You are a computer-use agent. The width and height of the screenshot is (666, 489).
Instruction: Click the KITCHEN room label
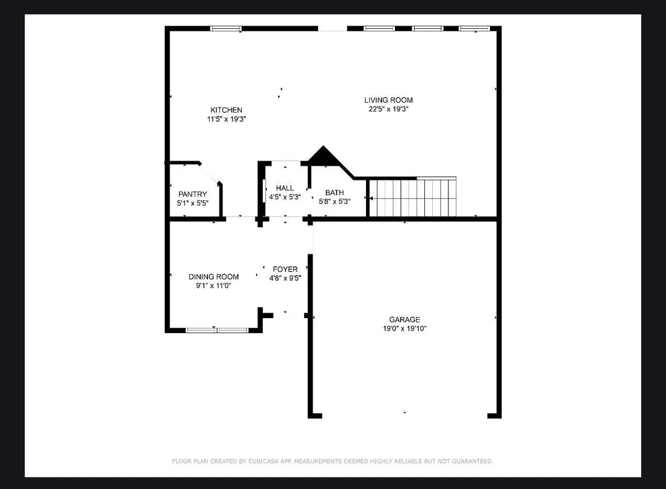(227, 110)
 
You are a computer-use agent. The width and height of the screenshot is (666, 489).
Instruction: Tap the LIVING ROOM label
(388, 100)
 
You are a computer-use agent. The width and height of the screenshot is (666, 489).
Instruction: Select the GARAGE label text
(405, 319)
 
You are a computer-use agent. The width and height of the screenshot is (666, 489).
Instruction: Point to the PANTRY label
(192, 194)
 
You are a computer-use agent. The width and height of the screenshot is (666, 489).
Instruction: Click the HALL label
(284, 188)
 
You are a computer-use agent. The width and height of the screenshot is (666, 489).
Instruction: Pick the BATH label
(334, 193)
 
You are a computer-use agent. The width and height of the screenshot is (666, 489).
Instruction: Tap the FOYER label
(285, 269)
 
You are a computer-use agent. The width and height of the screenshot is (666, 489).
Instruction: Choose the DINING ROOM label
(213, 277)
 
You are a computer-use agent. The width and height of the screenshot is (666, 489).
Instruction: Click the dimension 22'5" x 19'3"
(388, 109)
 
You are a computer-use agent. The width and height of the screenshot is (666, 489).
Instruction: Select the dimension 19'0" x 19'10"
(405, 328)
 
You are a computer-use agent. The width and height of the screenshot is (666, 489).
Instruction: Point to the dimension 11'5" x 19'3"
(227, 119)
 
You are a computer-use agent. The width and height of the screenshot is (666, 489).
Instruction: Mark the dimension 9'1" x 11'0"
(213, 286)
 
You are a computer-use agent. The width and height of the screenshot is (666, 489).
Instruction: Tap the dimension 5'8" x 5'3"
(334, 202)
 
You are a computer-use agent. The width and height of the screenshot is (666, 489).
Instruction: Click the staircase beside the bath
(412, 197)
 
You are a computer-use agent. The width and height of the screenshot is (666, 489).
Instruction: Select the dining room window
(217, 330)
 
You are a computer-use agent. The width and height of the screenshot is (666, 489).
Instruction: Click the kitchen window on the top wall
(226, 29)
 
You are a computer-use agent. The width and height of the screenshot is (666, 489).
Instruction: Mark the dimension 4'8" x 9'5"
(285, 278)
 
